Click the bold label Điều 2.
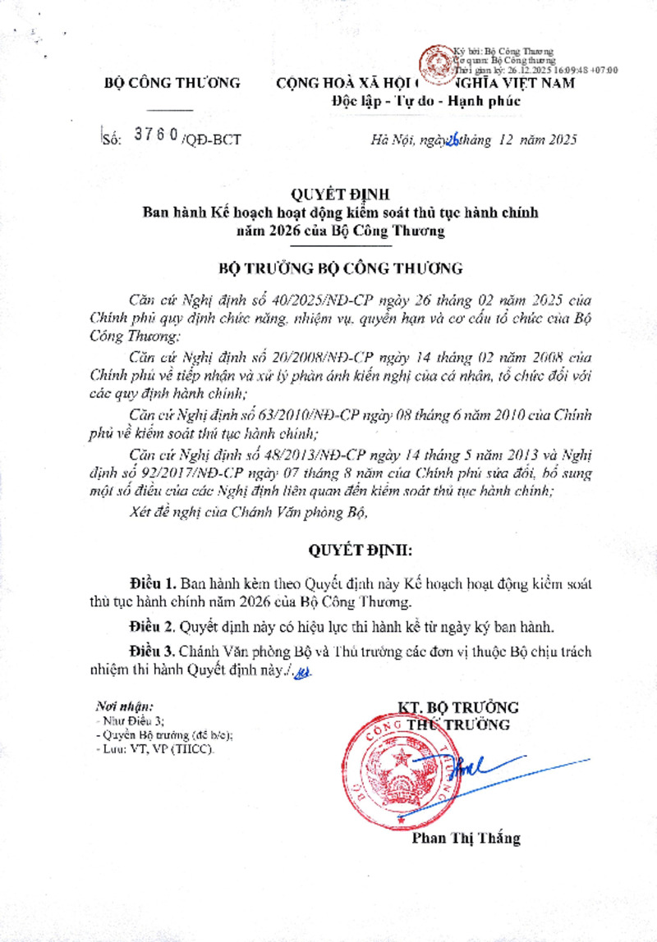tap(152, 627)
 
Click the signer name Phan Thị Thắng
tap(466, 839)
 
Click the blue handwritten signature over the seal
tap(466, 767)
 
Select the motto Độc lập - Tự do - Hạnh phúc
tap(425, 101)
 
